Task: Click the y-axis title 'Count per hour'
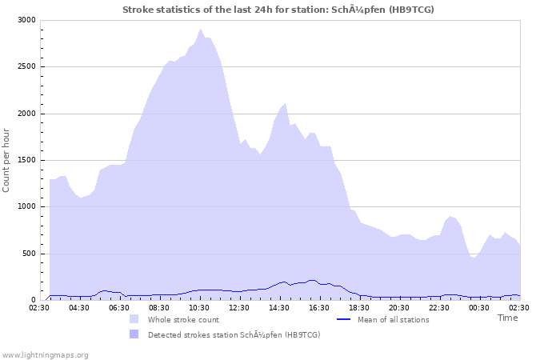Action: tap(7, 160)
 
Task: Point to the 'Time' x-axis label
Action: tap(507, 318)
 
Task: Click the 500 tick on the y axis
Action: tap(27, 254)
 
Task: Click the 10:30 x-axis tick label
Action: tap(199, 307)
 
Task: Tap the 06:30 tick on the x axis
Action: tap(119, 307)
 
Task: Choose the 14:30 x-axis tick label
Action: tap(279, 307)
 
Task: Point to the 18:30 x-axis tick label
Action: tap(359, 307)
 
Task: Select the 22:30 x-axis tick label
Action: tap(439, 307)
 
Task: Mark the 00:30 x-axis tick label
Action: tap(479, 307)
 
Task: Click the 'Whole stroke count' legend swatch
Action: tap(134, 319)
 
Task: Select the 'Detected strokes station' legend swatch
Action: tap(134, 334)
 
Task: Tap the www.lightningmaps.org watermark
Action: tap(45, 354)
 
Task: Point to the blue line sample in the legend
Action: tap(344, 319)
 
